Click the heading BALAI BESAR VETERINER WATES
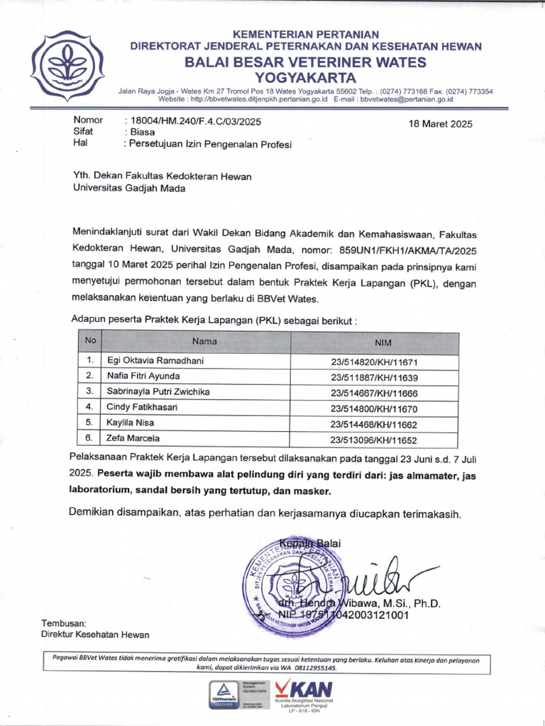click(306, 62)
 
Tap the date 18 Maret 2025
click(441, 124)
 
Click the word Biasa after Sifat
click(143, 132)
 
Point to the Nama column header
click(204, 341)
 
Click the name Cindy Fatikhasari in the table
click(142, 407)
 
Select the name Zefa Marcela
click(133, 439)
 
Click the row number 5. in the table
click(90, 423)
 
